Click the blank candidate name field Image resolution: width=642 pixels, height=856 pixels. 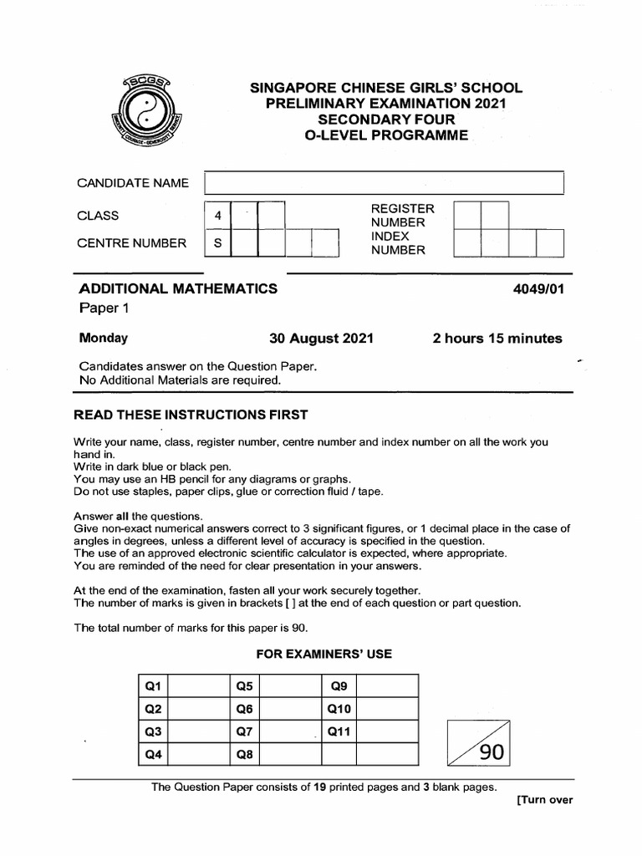(384, 183)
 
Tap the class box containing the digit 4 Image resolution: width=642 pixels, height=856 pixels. (217, 216)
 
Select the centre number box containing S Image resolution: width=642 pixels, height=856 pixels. (217, 243)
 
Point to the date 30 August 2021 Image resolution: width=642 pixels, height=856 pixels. (321, 339)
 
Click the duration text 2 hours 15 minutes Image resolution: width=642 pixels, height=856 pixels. (497, 339)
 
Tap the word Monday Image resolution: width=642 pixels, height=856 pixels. (103, 339)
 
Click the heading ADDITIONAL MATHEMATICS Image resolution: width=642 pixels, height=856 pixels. (178, 288)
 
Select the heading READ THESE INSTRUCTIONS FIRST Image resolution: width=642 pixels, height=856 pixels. (191, 415)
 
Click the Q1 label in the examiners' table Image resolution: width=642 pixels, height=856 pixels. (153, 687)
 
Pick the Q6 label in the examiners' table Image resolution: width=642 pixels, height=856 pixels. (245, 710)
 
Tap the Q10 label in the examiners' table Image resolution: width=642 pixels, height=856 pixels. (339, 710)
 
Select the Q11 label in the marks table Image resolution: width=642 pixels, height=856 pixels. (339, 732)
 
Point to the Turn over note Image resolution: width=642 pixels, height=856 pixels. (544, 800)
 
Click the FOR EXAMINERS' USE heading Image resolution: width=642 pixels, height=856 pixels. (322, 654)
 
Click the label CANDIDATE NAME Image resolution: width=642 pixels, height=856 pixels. (133, 183)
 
